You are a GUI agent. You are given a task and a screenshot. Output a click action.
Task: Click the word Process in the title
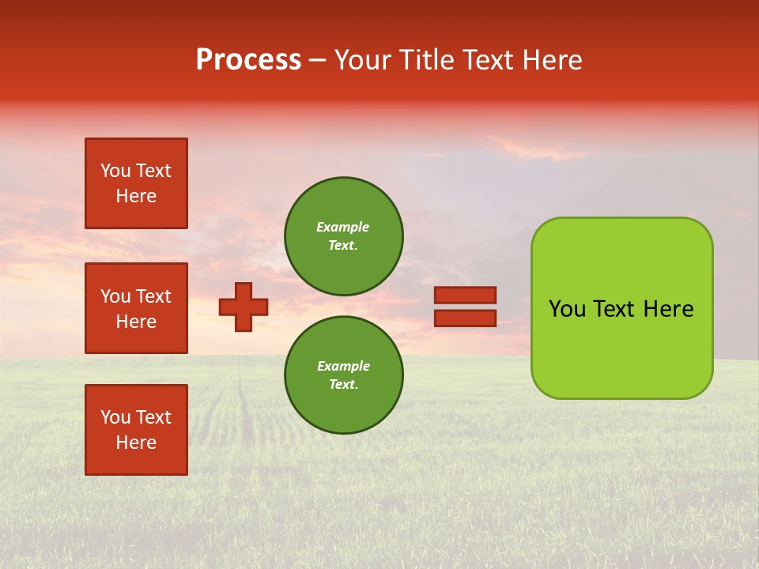click(248, 60)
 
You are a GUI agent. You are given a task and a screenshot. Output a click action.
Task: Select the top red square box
click(136, 183)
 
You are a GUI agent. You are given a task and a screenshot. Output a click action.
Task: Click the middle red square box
click(136, 308)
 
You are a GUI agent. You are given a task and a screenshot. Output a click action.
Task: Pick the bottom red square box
click(136, 430)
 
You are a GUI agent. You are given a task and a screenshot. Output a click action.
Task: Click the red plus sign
click(244, 307)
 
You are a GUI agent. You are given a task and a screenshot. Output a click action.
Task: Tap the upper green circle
click(343, 236)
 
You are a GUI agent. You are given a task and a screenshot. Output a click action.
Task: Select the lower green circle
click(343, 375)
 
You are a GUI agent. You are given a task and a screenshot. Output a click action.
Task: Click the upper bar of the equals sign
click(465, 295)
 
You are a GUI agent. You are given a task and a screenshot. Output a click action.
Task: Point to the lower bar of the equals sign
click(465, 318)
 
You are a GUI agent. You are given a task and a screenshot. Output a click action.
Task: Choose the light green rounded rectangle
click(621, 308)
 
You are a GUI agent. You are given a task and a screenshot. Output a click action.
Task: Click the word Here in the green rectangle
click(668, 309)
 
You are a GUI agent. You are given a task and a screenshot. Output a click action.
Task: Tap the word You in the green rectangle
click(567, 309)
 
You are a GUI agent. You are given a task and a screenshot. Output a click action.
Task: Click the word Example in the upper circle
click(342, 227)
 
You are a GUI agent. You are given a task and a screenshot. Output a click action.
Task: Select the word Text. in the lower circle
click(343, 385)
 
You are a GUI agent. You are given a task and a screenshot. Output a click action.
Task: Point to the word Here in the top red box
click(136, 196)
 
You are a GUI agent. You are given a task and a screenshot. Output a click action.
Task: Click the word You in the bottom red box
click(115, 417)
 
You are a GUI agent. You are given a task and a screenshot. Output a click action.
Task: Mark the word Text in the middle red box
click(153, 296)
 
